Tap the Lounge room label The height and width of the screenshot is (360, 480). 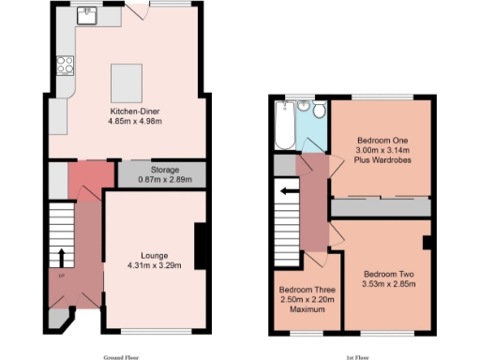tap(154, 255)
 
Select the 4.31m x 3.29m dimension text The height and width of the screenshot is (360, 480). tap(154, 265)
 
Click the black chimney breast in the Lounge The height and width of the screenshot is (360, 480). tap(199, 246)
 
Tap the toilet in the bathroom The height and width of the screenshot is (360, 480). tap(319, 113)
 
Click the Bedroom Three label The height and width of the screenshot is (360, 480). tap(306, 290)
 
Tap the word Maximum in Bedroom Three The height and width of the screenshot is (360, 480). tap(306, 310)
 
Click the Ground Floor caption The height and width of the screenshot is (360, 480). tap(122, 357)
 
